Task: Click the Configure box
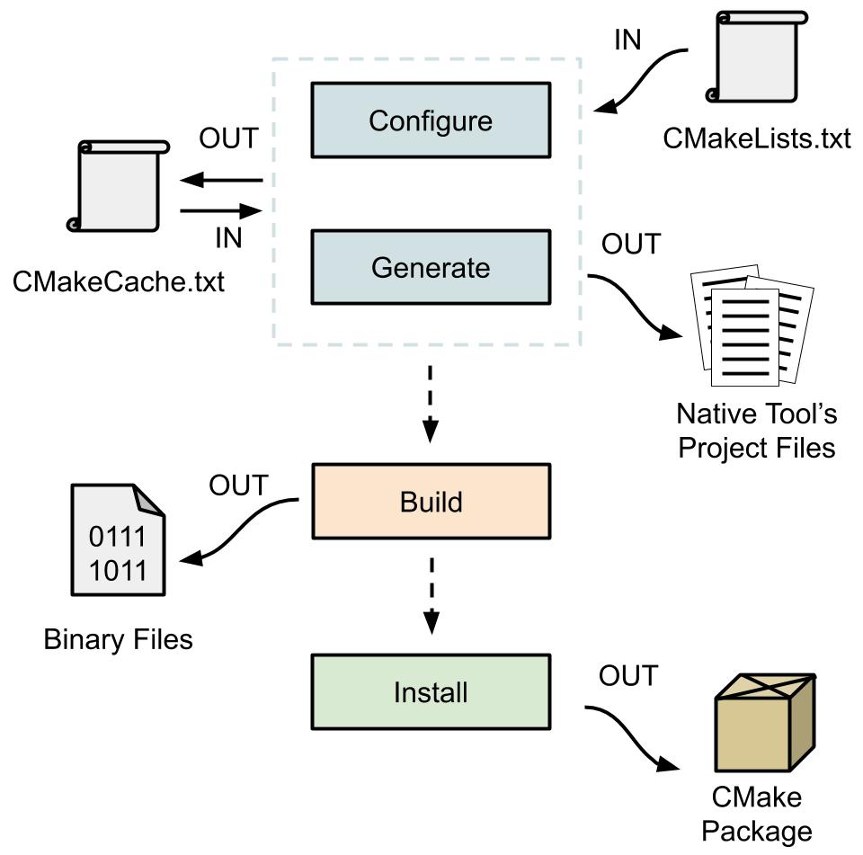[x=430, y=120]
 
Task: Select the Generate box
[x=430, y=267]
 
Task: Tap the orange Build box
[x=430, y=502]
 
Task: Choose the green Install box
[x=430, y=692]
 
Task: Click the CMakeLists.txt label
[x=756, y=139]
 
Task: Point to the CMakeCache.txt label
[x=118, y=282]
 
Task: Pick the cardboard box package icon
[x=763, y=724]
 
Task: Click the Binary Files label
[x=118, y=639]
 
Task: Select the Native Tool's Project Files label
[x=756, y=431]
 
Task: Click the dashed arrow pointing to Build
[x=431, y=402]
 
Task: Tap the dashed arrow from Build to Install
[x=431, y=593]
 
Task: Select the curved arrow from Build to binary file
[x=239, y=530]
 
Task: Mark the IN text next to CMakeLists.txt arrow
[x=627, y=40]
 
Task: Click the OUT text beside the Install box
[x=628, y=674]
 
